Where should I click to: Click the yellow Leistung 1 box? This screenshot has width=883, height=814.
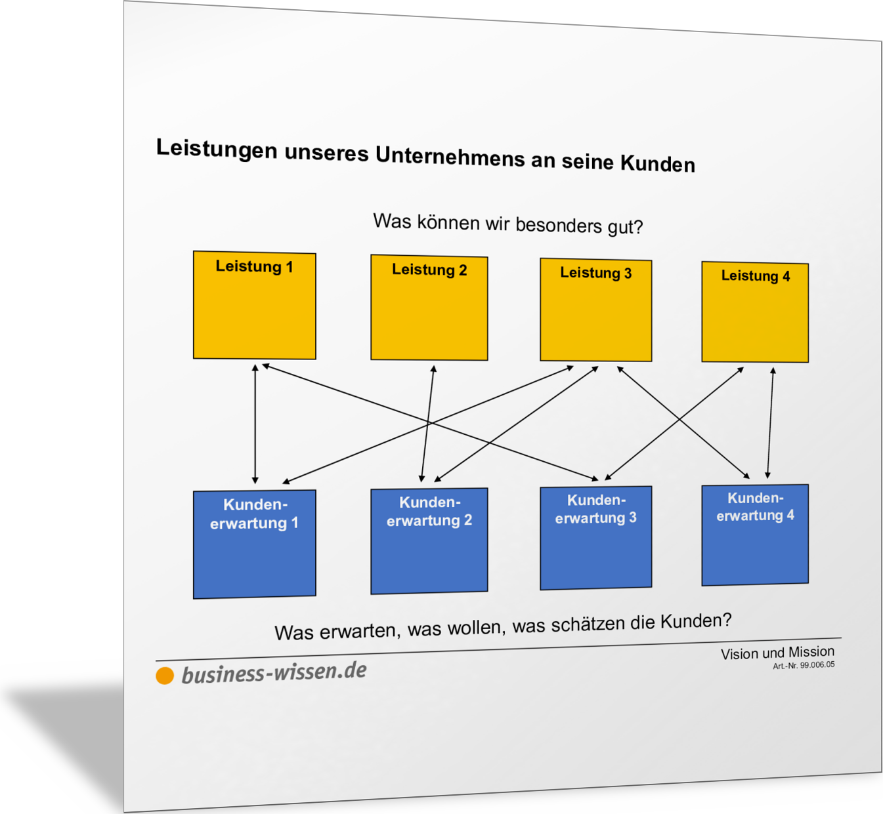[x=254, y=305]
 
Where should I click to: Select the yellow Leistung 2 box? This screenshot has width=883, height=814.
[x=429, y=308]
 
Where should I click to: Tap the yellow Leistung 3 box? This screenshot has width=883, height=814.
[x=596, y=310]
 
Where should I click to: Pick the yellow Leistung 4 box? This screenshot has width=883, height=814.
[x=755, y=312]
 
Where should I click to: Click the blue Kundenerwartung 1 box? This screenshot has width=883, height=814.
[x=254, y=544]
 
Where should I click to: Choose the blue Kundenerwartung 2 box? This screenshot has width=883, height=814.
[x=429, y=540]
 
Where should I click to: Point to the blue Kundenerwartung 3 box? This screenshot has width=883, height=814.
[x=596, y=538]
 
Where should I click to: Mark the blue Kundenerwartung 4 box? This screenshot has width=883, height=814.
[x=755, y=535]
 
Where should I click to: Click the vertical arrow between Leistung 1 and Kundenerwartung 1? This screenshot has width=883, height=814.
[x=255, y=424]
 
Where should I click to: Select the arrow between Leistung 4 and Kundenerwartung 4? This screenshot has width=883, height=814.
[x=771, y=423]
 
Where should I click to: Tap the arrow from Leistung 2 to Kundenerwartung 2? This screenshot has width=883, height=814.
[x=428, y=424]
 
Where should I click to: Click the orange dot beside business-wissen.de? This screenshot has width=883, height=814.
[x=165, y=676]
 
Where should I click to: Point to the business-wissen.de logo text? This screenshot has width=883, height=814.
[x=274, y=672]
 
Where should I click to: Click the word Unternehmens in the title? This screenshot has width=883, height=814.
[x=450, y=156]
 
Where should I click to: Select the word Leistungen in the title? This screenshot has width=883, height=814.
[x=217, y=149]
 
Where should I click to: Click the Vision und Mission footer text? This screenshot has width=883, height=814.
[x=777, y=653]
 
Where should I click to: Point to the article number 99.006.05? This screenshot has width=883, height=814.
[x=817, y=665]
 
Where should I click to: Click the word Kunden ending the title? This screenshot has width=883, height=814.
[x=658, y=163]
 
